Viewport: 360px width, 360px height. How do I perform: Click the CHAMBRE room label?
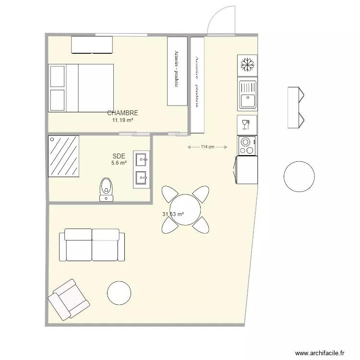pos(122,113)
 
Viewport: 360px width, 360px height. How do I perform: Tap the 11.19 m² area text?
pos(122,120)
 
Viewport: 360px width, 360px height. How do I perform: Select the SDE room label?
pos(119,156)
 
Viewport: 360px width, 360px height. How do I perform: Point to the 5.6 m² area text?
pos(119,163)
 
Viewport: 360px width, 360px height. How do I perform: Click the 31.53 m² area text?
pos(174,215)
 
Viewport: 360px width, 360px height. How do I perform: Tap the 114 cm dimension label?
pos(207,147)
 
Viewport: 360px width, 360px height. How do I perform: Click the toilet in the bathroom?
pos(106,189)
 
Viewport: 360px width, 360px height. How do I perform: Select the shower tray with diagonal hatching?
pos(63,156)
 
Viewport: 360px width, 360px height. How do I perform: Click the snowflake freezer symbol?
pos(247,64)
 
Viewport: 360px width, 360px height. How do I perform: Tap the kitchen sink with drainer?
pos(247,94)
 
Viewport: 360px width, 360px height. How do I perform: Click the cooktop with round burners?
pos(247,145)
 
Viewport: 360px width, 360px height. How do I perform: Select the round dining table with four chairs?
pos(185,209)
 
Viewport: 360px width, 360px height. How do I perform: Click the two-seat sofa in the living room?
pos(92,245)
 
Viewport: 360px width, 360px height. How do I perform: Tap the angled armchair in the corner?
pos(69,300)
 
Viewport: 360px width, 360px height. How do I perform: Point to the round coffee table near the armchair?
pos(119,293)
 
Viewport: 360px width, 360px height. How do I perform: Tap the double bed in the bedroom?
pos(81,87)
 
